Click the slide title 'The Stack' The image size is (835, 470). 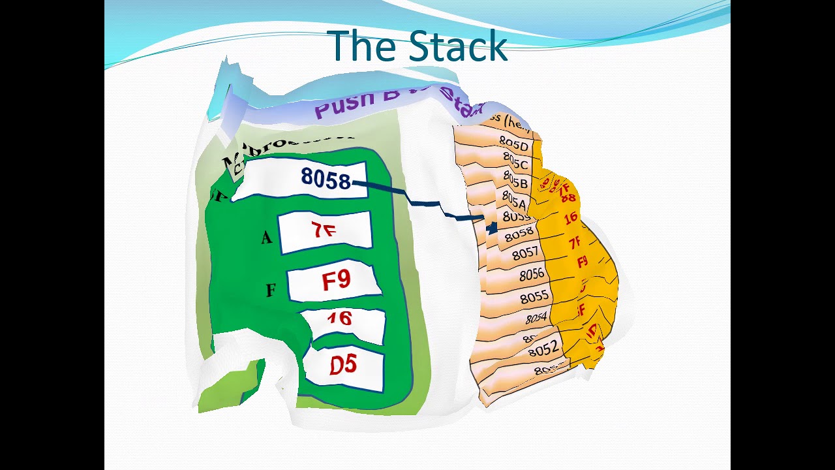[418, 46]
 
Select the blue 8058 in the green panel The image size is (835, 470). [326, 178]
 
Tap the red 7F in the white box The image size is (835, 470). [324, 230]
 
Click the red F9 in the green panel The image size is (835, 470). [336, 281]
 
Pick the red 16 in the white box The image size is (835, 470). [339, 319]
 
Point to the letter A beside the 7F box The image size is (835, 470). [266, 238]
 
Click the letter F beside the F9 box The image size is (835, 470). [271, 290]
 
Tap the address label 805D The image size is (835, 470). [513, 143]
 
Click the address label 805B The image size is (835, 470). [515, 180]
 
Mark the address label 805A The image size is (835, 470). [513, 198]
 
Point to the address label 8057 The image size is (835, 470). [525, 253]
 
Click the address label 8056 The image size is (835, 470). [532, 275]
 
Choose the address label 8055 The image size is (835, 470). [534, 297]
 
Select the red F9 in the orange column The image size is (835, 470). [583, 262]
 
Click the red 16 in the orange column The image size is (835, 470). [571, 218]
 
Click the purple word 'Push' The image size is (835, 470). [345, 104]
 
